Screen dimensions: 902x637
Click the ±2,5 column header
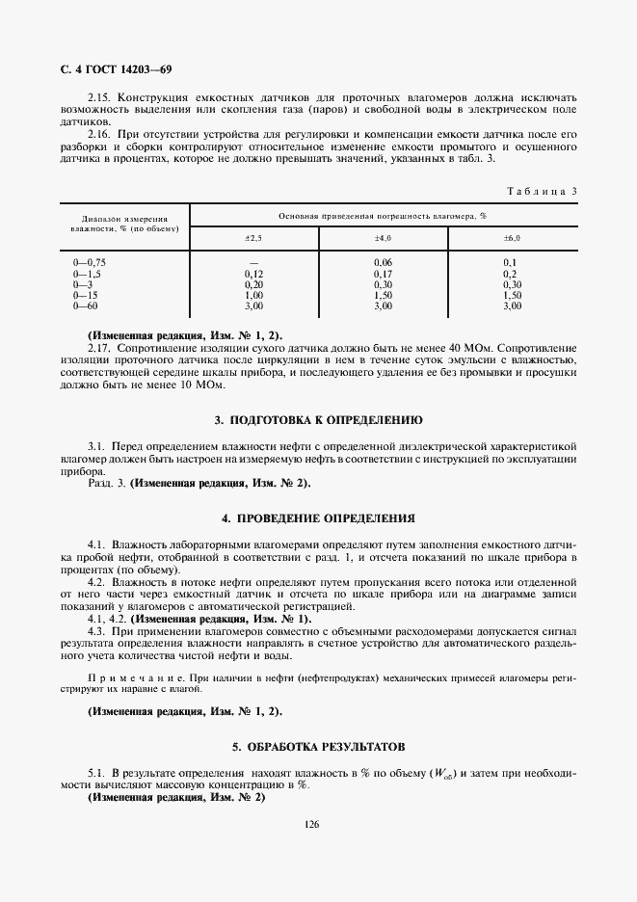pos(253,237)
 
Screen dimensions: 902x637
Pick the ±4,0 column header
pos(383,237)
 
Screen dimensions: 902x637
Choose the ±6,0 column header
pos(512,237)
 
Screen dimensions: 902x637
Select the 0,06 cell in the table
pos(383,262)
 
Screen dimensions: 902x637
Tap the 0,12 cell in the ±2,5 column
pos(254,274)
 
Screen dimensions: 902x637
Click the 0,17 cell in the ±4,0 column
pos(383,274)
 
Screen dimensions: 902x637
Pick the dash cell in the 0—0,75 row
pos(254,262)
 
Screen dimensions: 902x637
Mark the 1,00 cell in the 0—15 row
pos(254,295)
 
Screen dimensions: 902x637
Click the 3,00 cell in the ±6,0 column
pos(512,305)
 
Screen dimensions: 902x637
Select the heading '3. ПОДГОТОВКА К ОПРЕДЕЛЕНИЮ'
pos(318,420)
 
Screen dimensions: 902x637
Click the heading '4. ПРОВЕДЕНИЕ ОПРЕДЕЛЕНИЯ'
pos(318,517)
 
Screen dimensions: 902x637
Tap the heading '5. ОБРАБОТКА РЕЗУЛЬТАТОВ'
pos(318,747)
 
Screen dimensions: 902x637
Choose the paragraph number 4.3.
pos(96,629)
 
